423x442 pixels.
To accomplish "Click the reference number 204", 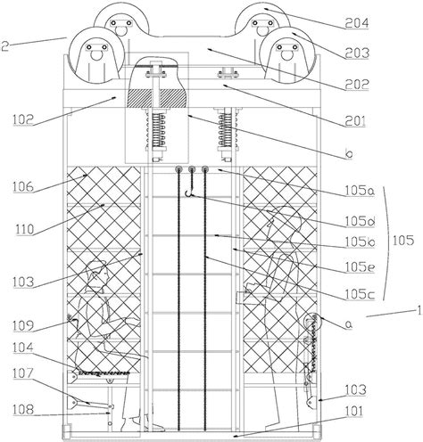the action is coord(357,23).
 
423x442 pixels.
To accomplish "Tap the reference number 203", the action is coord(357,53).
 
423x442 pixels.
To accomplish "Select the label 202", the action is coord(357,85).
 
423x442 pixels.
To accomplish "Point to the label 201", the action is coord(355,121).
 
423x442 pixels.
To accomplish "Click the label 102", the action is coord(23,120).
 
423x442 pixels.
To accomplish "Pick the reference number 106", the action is coord(23,187).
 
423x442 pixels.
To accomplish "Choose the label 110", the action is coord(25,229).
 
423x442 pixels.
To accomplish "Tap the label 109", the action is coord(23,326).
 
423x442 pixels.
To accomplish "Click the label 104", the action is coord(23,348).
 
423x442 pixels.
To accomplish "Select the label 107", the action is coord(23,373).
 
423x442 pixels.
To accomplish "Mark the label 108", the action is coord(23,410).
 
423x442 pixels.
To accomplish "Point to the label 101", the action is coord(354,412).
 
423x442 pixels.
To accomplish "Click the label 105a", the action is coord(360,191).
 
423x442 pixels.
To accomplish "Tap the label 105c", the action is coord(360,294).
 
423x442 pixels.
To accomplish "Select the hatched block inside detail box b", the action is coord(157,98).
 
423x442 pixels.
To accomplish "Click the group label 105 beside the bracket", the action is coord(403,240).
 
